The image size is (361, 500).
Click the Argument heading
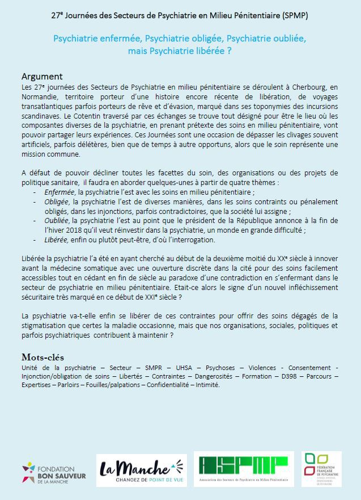point(42,77)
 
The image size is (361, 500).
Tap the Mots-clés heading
point(43,357)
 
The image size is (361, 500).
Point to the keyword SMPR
point(153,367)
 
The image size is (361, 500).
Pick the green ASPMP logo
point(244,469)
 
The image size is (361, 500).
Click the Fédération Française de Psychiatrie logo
point(321,469)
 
